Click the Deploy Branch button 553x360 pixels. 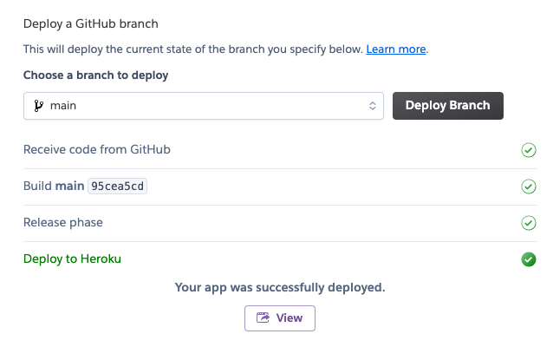click(x=448, y=106)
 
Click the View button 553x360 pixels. click(x=279, y=317)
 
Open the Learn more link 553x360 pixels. click(x=396, y=49)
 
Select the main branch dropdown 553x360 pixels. click(x=203, y=106)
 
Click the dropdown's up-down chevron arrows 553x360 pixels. click(x=373, y=106)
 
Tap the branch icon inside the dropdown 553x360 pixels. click(x=38, y=106)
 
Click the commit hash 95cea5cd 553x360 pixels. click(x=118, y=187)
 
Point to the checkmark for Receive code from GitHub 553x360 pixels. click(x=529, y=150)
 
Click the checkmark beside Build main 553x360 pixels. click(x=529, y=187)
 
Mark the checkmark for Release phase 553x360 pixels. click(x=529, y=223)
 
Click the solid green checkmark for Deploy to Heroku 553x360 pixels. click(x=529, y=259)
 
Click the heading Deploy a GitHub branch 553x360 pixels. click(x=91, y=23)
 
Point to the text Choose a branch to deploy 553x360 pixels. click(x=95, y=75)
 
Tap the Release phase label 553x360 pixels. click(x=63, y=223)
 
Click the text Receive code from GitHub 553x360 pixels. click(x=97, y=150)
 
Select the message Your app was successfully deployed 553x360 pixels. click(x=279, y=287)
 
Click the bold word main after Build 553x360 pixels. click(x=69, y=187)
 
